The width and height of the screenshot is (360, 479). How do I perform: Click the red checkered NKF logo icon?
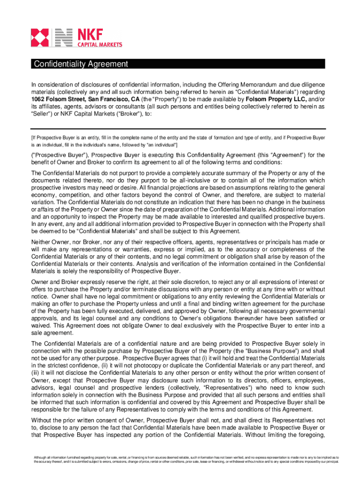click(40, 38)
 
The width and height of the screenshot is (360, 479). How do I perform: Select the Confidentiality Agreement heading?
click(80, 64)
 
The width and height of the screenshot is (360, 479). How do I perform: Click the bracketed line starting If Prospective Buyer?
click(178, 138)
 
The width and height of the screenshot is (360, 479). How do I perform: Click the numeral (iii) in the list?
click(36, 372)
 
